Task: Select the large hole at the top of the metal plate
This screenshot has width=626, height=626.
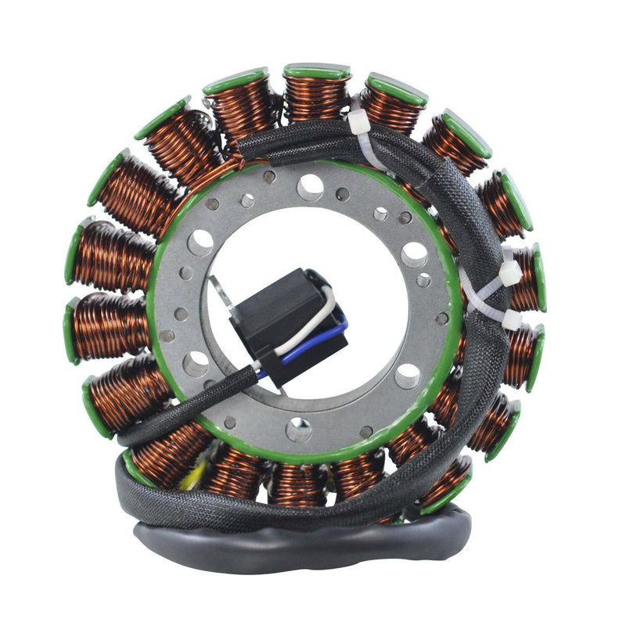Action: [311, 186]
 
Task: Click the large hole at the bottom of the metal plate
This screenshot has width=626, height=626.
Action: [299, 429]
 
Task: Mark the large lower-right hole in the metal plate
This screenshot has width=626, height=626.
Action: [407, 376]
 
